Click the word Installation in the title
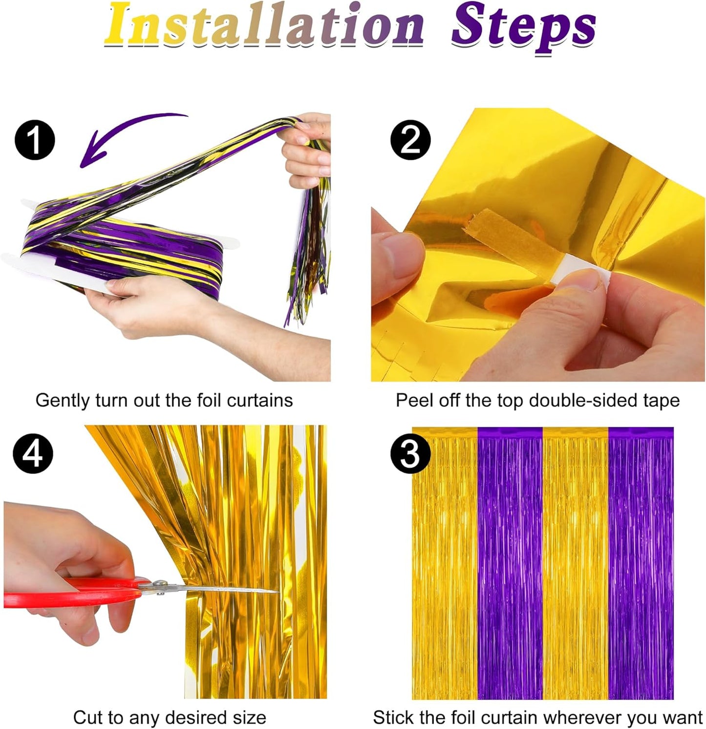[x=264, y=24]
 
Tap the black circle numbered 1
[x=35, y=140]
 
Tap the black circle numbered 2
[x=410, y=140]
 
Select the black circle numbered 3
[x=410, y=453]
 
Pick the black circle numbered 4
[x=33, y=453]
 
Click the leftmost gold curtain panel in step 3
[x=445, y=562]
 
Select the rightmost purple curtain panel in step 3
[x=641, y=562]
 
